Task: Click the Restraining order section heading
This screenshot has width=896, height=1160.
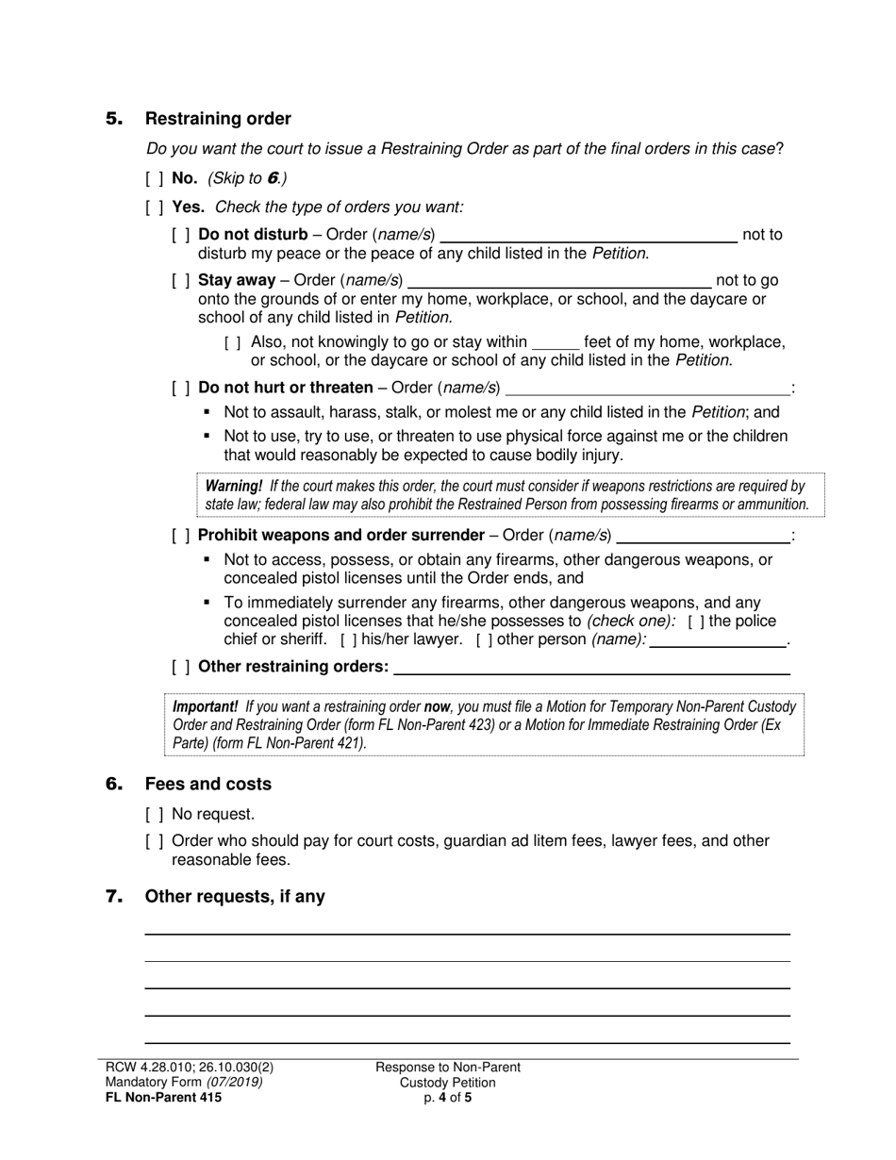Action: tap(218, 119)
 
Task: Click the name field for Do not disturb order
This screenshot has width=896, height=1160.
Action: tap(589, 236)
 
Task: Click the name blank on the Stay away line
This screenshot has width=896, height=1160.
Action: tap(559, 281)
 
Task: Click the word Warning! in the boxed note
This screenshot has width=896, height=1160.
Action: tap(234, 487)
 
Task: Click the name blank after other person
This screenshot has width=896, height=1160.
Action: tap(719, 640)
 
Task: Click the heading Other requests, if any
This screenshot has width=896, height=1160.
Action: tap(235, 897)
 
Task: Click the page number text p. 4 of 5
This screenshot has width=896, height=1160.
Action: tap(448, 1097)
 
